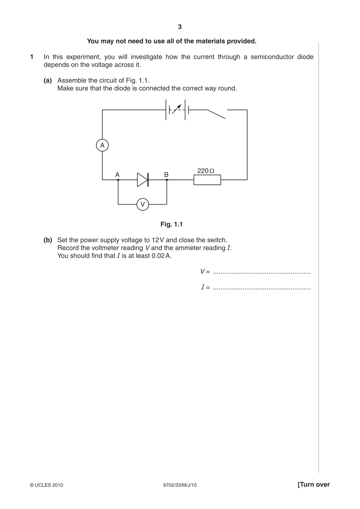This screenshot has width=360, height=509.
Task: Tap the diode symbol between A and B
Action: (143, 180)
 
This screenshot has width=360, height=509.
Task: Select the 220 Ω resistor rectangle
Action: (207, 180)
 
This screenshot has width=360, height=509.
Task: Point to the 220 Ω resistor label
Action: (206, 171)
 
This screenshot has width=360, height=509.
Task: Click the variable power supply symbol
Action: (177, 110)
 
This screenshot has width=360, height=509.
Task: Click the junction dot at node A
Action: (118, 180)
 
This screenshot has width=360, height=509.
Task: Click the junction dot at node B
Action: (167, 180)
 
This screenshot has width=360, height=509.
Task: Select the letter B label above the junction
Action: (166, 174)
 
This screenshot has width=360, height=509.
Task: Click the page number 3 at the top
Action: (180, 27)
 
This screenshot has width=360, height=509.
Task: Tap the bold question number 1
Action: (32, 57)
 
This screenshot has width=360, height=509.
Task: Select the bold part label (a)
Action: (48, 80)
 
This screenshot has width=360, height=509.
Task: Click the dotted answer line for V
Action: (262, 273)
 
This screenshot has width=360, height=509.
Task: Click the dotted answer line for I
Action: (262, 289)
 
